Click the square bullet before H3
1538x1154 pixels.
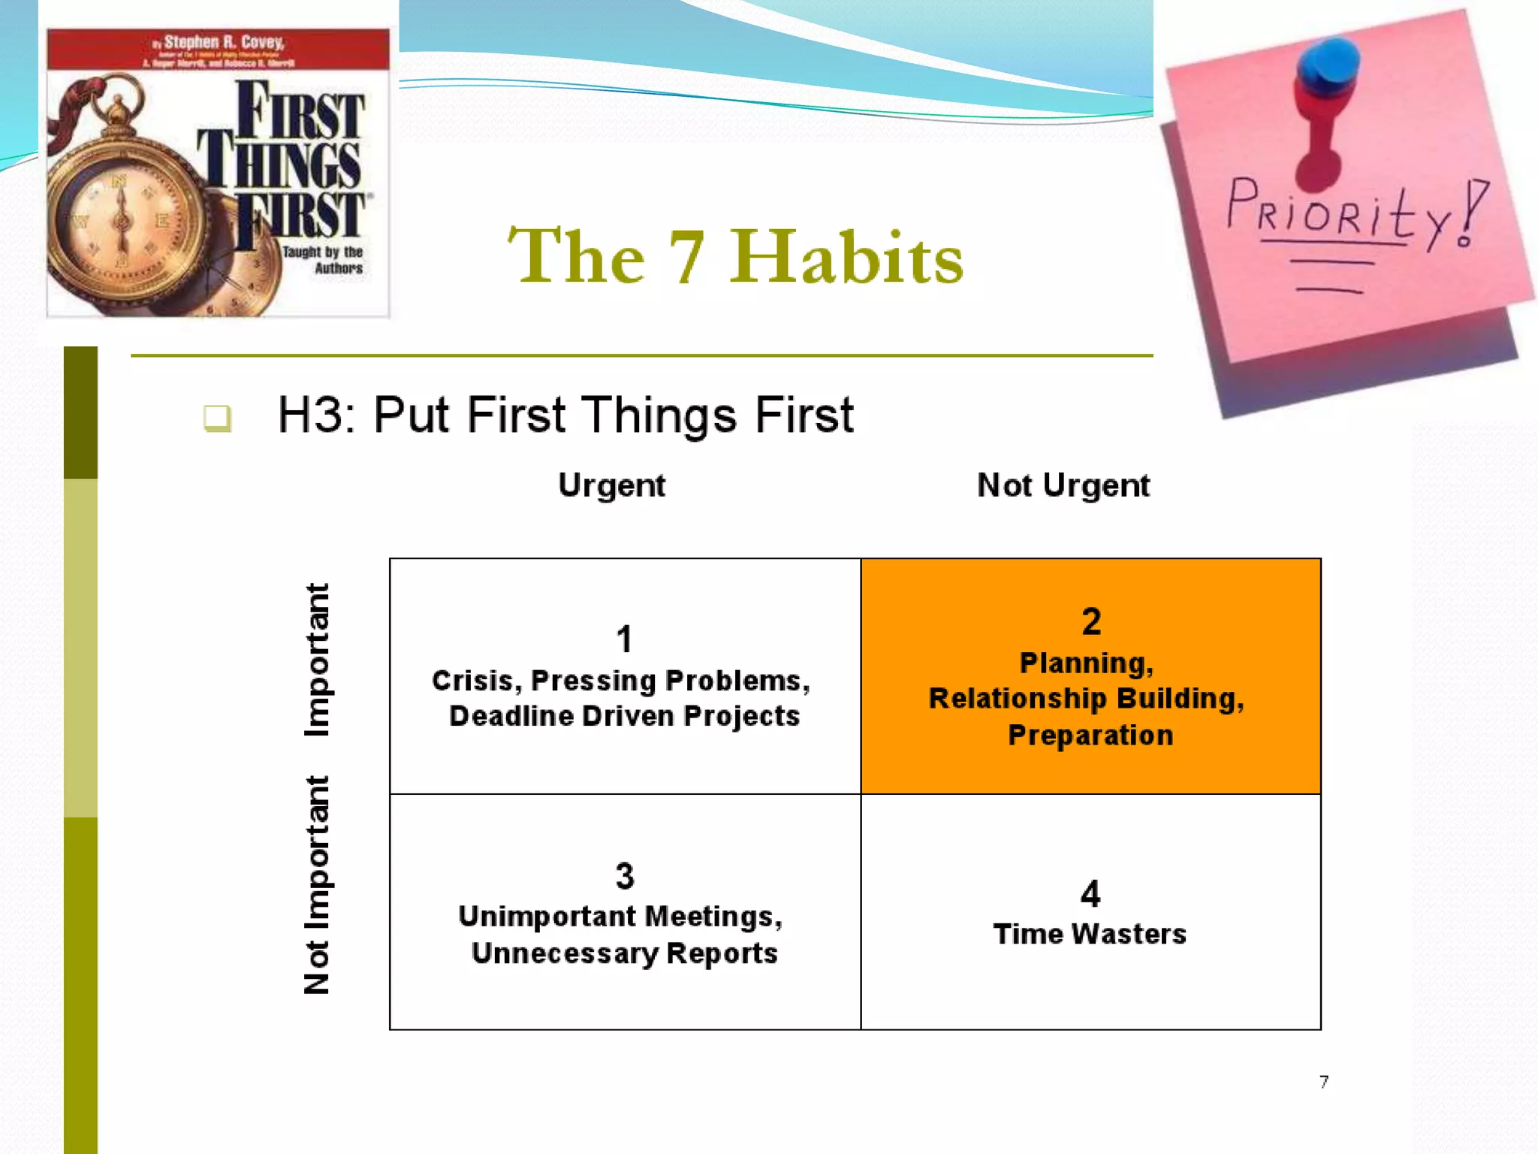[217, 418]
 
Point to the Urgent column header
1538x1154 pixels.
[611, 485]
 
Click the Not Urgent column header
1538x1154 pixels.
[1063, 485]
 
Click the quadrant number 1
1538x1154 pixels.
[624, 639]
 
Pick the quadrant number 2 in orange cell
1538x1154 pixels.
[1091, 621]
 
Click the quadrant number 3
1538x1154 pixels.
[625, 876]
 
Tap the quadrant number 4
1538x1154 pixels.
[1090, 894]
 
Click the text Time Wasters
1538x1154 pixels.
[1090, 934]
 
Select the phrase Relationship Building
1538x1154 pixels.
[1086, 699]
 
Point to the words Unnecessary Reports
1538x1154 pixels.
[624, 953]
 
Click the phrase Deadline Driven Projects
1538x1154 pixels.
[624, 716]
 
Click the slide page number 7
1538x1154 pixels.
[1323, 1082]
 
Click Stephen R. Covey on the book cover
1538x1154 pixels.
[223, 42]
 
